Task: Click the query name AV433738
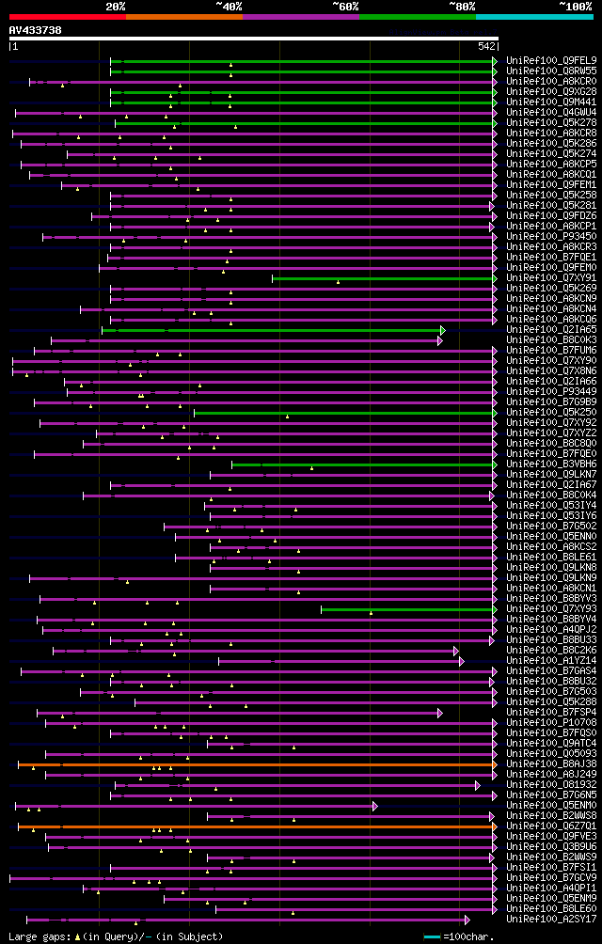(x=35, y=30)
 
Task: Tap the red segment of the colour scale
(x=67, y=16)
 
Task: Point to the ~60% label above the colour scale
(x=345, y=6)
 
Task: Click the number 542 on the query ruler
(x=486, y=45)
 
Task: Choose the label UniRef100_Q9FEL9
(x=538, y=61)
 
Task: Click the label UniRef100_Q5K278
(x=538, y=123)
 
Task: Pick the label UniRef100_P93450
(x=538, y=237)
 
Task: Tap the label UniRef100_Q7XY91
(x=538, y=278)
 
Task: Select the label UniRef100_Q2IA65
(x=538, y=330)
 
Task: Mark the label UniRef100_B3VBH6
(x=538, y=464)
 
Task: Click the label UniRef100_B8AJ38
(x=538, y=764)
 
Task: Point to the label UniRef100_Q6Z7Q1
(x=538, y=826)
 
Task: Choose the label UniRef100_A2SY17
(x=538, y=920)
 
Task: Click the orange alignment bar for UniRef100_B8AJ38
(x=254, y=764)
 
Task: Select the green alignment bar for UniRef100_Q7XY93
(x=404, y=609)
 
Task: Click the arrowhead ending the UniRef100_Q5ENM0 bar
(x=375, y=806)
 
